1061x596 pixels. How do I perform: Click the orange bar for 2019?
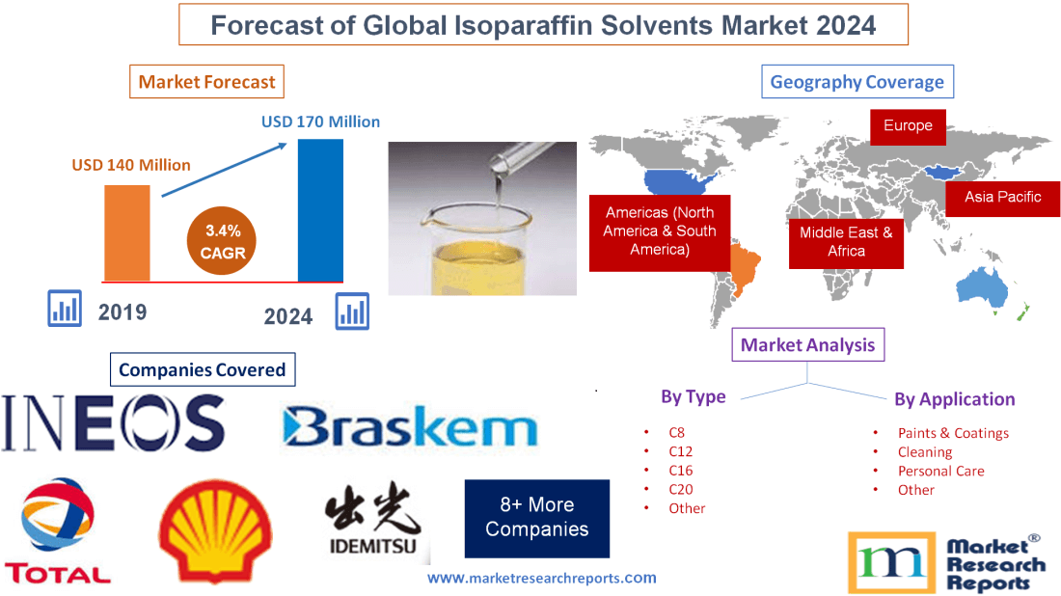tap(127, 231)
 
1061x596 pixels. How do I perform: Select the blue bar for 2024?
tap(320, 209)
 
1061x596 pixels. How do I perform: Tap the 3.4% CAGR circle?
tap(224, 242)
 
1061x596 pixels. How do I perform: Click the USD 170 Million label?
tap(320, 122)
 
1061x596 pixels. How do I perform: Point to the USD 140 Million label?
tap(131, 165)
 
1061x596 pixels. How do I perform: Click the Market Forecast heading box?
tap(206, 82)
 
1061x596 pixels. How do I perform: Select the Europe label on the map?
tap(908, 125)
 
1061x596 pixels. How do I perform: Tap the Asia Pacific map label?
tap(1003, 197)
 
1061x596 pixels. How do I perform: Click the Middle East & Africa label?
tap(846, 241)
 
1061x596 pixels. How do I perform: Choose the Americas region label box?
tap(660, 230)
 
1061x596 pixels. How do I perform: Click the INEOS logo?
tap(113, 423)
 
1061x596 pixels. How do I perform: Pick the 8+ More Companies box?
tap(536, 518)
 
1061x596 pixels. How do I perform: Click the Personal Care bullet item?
tap(940, 471)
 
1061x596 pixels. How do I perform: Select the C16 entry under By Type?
tap(680, 470)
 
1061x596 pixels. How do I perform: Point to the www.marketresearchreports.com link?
tap(541, 578)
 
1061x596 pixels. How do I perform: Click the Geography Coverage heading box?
tap(857, 82)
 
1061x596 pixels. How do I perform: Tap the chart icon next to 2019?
tap(65, 309)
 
